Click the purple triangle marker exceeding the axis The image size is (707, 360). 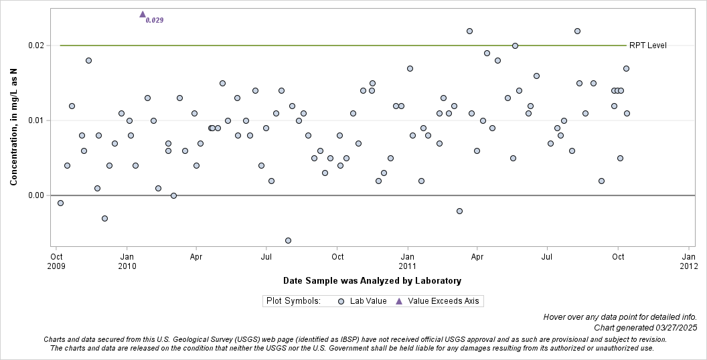tap(143, 14)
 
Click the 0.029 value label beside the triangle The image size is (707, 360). tap(155, 20)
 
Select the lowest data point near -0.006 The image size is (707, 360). tap(288, 240)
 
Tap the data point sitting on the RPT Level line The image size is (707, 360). tap(515, 46)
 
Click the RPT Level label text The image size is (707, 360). tap(647, 46)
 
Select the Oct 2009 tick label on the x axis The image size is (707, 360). tap(57, 261)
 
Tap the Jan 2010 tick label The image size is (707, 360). tap(127, 261)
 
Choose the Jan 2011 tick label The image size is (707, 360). tap(407, 261)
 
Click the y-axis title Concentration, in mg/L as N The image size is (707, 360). tap(13, 120)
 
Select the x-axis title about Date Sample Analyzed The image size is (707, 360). tap(372, 280)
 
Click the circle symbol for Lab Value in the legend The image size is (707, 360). tap(341, 301)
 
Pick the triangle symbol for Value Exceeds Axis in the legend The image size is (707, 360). tap(399, 301)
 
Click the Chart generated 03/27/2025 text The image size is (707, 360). tap(645, 327)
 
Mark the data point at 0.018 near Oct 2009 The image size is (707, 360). tap(88, 60)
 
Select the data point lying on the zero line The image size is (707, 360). tap(173, 195)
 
